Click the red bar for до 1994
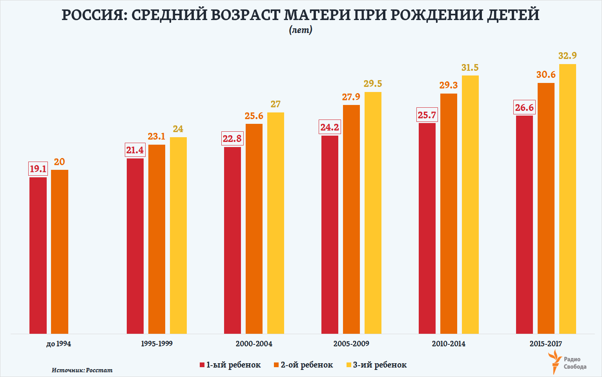click(38, 256)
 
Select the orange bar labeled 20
click(60, 252)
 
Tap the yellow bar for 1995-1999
click(178, 235)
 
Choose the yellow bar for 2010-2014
click(470, 204)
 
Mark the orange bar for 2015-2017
click(546, 208)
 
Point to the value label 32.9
click(567, 56)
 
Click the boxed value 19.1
click(38, 169)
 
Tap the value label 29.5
click(373, 84)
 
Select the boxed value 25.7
click(427, 115)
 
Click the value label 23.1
click(157, 136)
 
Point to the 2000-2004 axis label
click(254, 344)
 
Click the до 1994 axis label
click(58, 344)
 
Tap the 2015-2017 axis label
click(546, 344)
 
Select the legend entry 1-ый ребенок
click(230, 365)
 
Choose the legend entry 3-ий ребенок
click(377, 365)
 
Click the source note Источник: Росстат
click(82, 370)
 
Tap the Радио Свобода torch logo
click(555, 362)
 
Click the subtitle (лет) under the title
click(301, 30)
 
